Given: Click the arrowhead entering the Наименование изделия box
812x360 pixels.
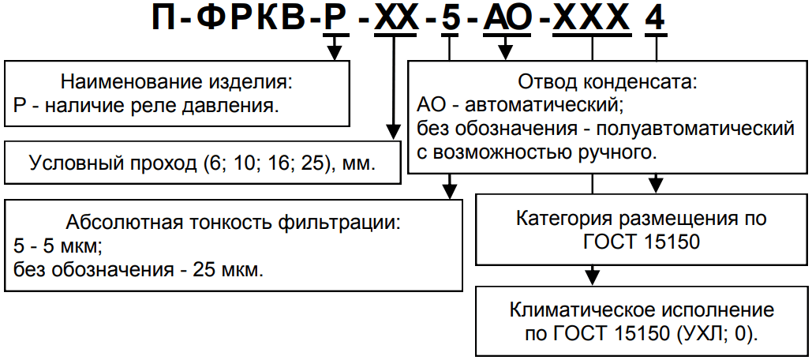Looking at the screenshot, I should click(x=335, y=54).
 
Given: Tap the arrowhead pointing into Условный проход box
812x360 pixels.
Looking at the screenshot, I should click(x=391, y=132).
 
